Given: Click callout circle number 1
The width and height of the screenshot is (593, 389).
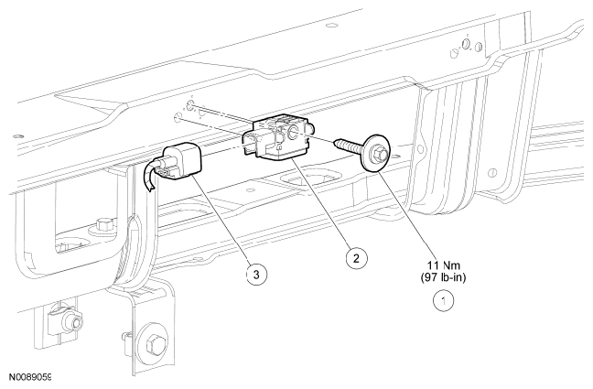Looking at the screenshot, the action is (x=443, y=301).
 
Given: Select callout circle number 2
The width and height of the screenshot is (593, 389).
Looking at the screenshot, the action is (x=356, y=258).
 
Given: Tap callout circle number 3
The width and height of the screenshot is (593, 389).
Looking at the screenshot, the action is (x=256, y=274).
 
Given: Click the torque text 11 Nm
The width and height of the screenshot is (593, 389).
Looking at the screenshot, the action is (x=444, y=265).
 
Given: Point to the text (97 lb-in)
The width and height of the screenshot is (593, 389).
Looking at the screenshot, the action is (x=443, y=277).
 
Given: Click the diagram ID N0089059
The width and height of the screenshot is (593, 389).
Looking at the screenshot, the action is (x=29, y=377).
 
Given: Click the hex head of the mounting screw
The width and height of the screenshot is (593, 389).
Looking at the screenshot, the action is (x=380, y=153).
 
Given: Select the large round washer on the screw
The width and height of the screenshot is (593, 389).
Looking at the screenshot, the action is (x=375, y=153).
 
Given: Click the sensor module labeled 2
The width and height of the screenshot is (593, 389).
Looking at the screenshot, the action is (x=279, y=137).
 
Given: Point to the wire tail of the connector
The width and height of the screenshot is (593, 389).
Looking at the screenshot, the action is (x=148, y=176).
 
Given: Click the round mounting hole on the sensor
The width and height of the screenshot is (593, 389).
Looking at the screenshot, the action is (x=293, y=131).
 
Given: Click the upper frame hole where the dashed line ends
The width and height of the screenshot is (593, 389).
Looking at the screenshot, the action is (x=191, y=105).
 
